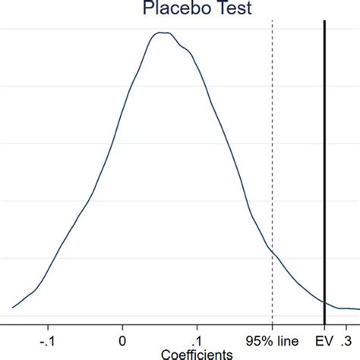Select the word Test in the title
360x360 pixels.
coord(241,9)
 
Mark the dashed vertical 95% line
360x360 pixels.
coord(272,152)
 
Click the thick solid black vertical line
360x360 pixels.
coord(324,152)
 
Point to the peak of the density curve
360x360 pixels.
coord(162,33)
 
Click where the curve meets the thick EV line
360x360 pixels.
coord(324,302)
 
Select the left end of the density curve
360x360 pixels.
coord(12,308)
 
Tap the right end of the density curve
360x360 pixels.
coord(358,309)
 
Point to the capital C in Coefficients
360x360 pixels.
coord(165,353)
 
